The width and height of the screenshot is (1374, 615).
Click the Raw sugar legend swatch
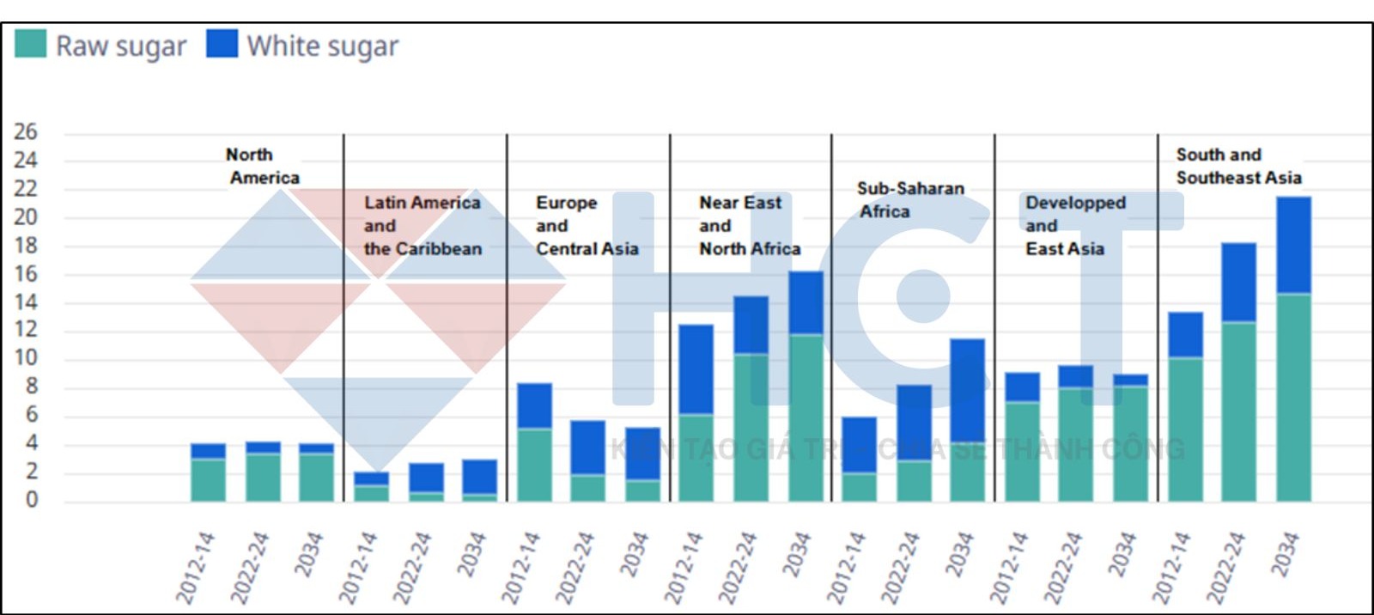point(31,45)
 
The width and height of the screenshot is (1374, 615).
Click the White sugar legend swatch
point(222,45)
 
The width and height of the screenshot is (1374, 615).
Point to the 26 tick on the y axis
point(26,132)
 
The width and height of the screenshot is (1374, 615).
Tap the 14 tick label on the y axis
point(26,301)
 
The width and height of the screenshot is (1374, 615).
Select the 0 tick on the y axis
point(32,500)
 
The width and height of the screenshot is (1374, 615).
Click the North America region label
point(262,166)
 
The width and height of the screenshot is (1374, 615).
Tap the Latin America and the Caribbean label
point(423,226)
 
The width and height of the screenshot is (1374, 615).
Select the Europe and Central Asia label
point(587,226)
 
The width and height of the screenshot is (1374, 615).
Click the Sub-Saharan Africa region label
point(910,199)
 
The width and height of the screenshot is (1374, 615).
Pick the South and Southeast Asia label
point(1238,166)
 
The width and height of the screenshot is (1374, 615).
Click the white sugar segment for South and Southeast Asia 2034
point(1293,246)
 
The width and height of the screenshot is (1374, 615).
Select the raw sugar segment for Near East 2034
point(806,417)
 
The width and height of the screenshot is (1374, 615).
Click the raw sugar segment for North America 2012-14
point(208,479)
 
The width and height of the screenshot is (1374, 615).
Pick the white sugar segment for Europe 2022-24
point(587,448)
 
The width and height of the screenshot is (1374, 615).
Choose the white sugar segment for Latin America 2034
point(479,477)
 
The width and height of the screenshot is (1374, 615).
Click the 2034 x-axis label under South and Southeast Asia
point(1284,554)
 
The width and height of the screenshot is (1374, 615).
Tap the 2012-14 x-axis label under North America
point(195,567)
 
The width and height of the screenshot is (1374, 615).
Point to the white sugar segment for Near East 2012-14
point(696,369)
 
